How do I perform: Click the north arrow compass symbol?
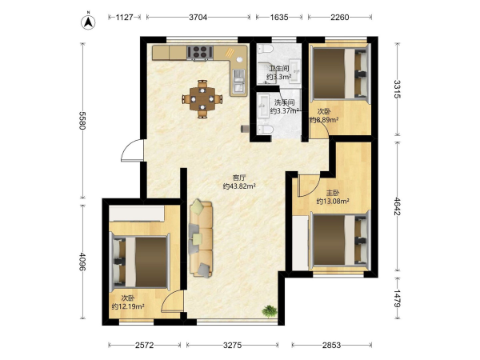(x=88, y=22)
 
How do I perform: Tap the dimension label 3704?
(x=198, y=17)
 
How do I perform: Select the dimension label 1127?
(x=125, y=17)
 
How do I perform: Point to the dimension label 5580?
(x=82, y=121)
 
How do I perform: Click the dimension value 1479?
(x=397, y=298)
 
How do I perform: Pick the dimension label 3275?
(x=232, y=346)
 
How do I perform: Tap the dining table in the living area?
(x=202, y=98)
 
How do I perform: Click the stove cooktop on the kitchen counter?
(x=200, y=52)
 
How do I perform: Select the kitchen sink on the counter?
(x=238, y=81)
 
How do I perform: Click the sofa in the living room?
(x=201, y=239)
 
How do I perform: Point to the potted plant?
(x=270, y=311)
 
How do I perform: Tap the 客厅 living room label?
(x=239, y=178)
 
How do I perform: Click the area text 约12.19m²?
(x=128, y=306)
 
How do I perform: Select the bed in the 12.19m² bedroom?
(x=139, y=262)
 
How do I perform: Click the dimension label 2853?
(x=331, y=346)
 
